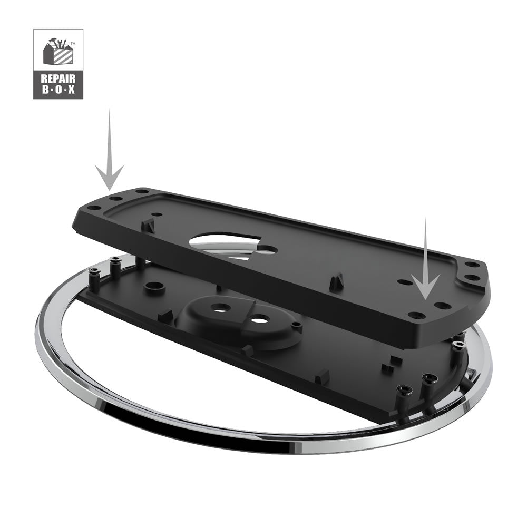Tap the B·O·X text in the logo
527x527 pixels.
58,90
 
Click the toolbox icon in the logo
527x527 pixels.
58,52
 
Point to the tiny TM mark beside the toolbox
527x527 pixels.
73,44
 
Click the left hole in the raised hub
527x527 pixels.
220,308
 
